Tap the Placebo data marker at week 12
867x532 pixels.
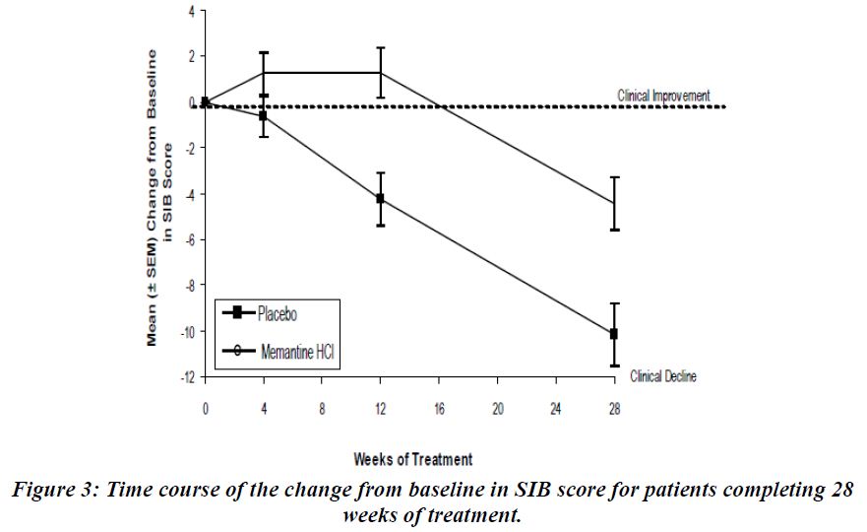[x=380, y=199]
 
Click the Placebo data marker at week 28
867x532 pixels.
[x=614, y=334]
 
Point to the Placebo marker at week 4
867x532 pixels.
[x=263, y=116]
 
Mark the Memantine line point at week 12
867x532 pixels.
[x=380, y=72]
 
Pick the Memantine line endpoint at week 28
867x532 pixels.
[x=614, y=203]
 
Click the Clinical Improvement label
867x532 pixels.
[x=662, y=96]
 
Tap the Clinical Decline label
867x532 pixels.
[x=663, y=376]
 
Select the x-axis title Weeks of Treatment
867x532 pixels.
[x=412, y=459]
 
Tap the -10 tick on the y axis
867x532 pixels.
[x=188, y=332]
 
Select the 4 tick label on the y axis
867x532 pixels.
[x=191, y=11]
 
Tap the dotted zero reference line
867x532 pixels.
[x=492, y=106]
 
